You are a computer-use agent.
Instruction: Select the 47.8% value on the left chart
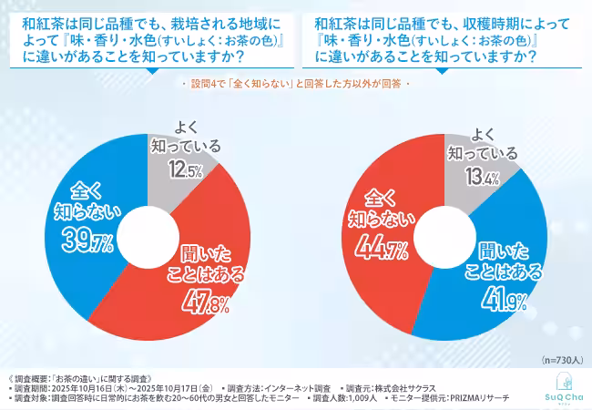pos(194,302)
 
